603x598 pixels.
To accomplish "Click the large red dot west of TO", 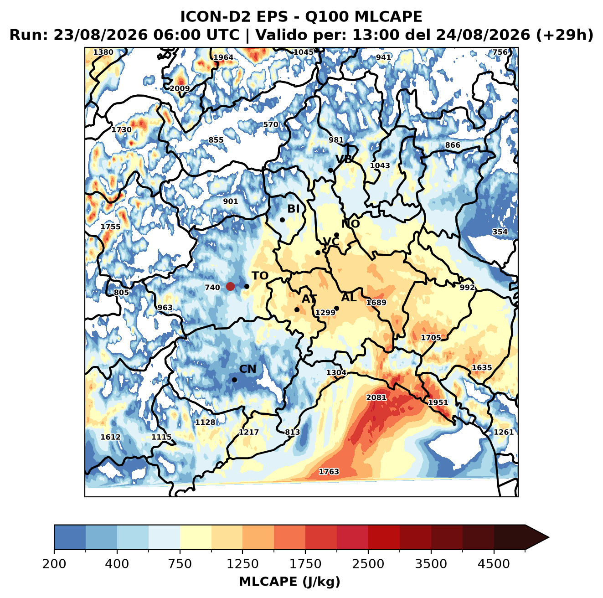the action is tap(230, 286).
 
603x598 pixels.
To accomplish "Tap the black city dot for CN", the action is tap(234, 380).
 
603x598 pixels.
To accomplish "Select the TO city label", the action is tap(260, 276).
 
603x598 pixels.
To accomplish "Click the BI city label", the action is tap(293, 209).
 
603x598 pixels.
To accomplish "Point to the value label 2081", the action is tap(376, 397).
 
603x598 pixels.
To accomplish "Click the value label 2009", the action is tap(180, 88).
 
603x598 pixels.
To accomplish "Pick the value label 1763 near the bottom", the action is tap(329, 471).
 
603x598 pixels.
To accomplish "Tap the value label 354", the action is tap(500, 232).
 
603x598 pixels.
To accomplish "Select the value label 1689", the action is tap(376, 302).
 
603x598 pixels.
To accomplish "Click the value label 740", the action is tap(212, 287).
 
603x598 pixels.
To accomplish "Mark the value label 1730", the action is tap(121, 129).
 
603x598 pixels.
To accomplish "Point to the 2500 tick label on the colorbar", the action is tap(368, 564).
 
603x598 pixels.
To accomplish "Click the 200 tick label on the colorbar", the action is tap(54, 564).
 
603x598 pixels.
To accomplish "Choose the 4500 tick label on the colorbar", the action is tap(494, 564).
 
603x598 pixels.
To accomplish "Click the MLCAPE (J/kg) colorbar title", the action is tap(289, 582).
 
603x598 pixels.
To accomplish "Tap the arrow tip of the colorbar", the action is tap(549, 537).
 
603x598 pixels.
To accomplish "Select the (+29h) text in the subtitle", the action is tap(565, 35).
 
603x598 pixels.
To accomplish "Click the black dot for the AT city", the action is tap(297, 310).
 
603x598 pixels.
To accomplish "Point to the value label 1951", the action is tap(438, 402).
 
